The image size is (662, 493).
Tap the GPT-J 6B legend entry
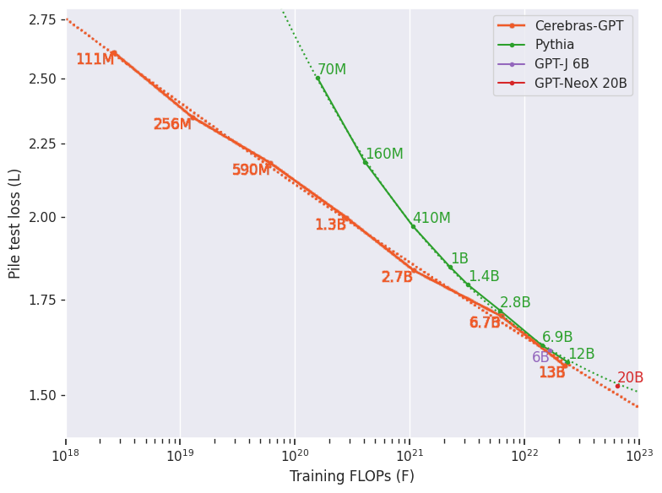562,64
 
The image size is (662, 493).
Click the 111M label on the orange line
95,60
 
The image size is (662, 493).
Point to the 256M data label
172,125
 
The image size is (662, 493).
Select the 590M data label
251,171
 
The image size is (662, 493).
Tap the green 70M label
332,70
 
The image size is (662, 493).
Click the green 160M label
384,154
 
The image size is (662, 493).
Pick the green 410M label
431,219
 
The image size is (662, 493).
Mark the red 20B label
630,378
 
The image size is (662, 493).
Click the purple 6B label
540,358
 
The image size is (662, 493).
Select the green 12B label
581,355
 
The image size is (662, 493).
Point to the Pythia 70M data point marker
317,78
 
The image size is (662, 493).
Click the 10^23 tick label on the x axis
638,457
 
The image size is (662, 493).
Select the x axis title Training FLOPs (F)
351,477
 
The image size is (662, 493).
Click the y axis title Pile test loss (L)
15,223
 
